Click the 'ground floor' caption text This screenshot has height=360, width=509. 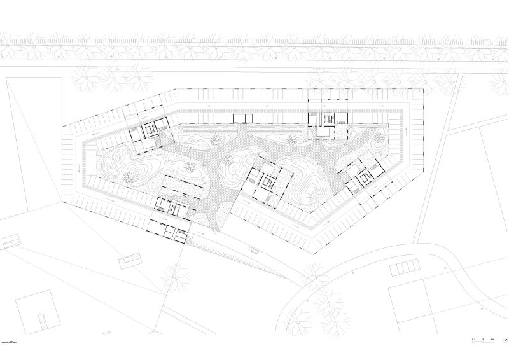click(x=11, y=340)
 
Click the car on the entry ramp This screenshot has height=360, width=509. click(x=254, y=249)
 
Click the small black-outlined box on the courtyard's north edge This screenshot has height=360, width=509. click(x=242, y=118)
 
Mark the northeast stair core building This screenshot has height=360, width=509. click(x=328, y=120)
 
